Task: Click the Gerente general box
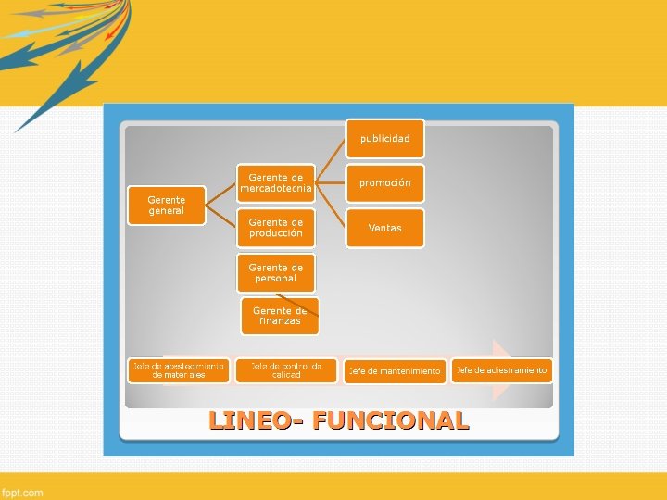(166, 205)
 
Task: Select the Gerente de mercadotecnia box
(276, 182)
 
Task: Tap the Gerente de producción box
(276, 228)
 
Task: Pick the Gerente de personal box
(276, 273)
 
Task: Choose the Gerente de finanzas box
(280, 316)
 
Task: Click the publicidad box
(385, 138)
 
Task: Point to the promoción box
(385, 182)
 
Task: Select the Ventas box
(385, 228)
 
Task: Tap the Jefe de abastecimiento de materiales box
(178, 370)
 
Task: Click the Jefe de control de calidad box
(286, 370)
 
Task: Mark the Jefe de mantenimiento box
(395, 371)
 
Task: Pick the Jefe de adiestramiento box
(501, 370)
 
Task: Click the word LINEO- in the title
(256, 420)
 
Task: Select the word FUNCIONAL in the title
(391, 420)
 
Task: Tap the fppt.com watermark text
(22, 493)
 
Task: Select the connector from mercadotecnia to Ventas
(331, 206)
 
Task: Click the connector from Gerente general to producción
(220, 217)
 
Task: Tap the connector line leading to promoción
(331, 182)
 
